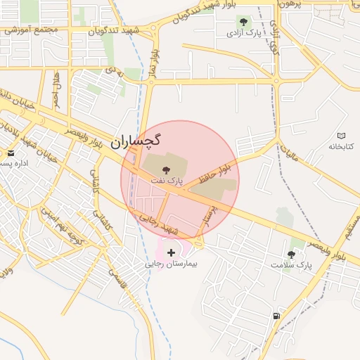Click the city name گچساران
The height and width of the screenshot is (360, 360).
click(x=136, y=141)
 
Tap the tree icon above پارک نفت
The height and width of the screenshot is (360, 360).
click(x=166, y=170)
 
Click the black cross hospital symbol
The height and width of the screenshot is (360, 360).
click(x=172, y=252)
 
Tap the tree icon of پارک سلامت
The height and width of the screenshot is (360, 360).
click(x=291, y=254)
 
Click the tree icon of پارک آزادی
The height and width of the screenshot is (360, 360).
click(x=244, y=22)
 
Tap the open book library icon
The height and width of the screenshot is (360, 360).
click(x=342, y=136)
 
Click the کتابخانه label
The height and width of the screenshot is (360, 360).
click(x=342, y=146)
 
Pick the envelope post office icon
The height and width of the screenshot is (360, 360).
click(x=10, y=153)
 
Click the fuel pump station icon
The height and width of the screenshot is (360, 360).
click(x=276, y=316)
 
